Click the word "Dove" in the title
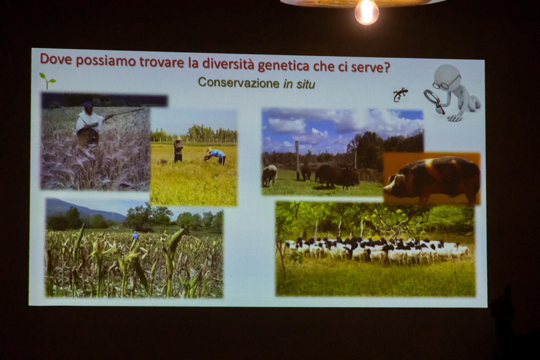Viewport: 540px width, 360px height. [56, 59]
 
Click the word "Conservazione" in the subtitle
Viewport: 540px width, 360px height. [239, 83]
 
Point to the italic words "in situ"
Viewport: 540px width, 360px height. [300, 84]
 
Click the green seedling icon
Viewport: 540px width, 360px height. [48, 81]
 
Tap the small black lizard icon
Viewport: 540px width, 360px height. [400, 95]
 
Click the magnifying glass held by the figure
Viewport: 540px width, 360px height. [433, 101]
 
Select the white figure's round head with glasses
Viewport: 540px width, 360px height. [447, 76]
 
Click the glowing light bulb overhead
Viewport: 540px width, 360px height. [367, 13]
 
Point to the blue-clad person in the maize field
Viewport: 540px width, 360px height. [135, 235]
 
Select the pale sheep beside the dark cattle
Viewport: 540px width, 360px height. [269, 175]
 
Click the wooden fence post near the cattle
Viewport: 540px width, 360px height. [297, 161]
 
